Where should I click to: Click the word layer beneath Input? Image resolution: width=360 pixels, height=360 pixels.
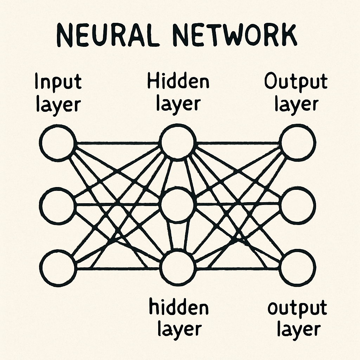[58, 104]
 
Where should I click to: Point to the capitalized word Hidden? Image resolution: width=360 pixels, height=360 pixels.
[178, 82]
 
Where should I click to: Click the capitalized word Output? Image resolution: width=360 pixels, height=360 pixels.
[296, 82]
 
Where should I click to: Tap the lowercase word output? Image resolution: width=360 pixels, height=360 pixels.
[297, 308]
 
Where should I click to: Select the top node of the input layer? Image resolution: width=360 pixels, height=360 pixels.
[57, 143]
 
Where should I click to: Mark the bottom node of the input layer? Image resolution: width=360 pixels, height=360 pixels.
[57, 268]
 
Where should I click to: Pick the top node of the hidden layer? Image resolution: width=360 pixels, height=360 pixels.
[178, 142]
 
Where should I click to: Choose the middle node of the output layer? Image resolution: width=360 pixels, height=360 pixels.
[298, 205]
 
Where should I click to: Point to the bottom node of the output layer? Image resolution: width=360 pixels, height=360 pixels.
[298, 268]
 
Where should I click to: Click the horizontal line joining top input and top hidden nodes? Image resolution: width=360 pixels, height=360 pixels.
[118, 143]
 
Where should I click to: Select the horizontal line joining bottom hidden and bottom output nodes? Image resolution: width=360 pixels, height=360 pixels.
[239, 269]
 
